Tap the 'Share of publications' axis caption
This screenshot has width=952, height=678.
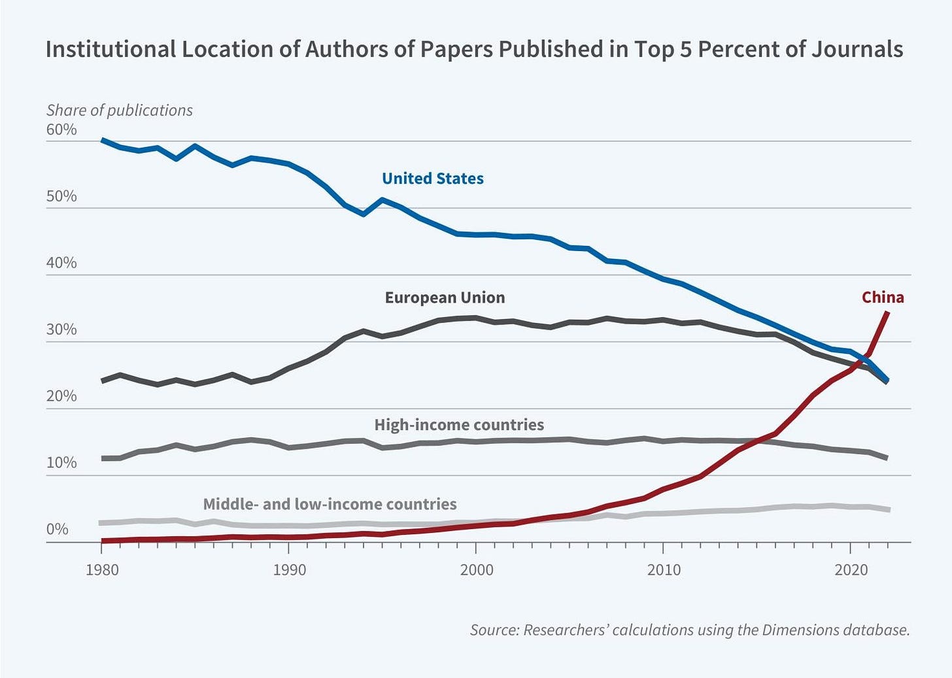pyautogui.click(x=120, y=110)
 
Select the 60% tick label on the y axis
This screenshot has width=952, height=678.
pyautogui.click(x=61, y=130)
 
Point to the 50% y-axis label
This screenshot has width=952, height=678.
pyautogui.click(x=61, y=197)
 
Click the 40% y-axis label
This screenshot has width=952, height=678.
pyautogui.click(x=61, y=263)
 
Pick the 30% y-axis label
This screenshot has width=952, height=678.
pyautogui.click(x=61, y=330)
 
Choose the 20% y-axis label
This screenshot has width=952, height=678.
pyautogui.click(x=61, y=397)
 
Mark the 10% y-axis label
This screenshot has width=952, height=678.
pyautogui.click(x=61, y=464)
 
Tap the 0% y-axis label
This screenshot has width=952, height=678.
pyautogui.click(x=58, y=530)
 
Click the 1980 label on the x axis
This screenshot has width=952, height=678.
pyautogui.click(x=102, y=570)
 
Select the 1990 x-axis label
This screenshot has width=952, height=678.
pyautogui.click(x=289, y=570)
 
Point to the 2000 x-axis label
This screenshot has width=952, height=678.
pyautogui.click(x=477, y=570)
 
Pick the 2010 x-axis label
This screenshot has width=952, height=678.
pyautogui.click(x=664, y=570)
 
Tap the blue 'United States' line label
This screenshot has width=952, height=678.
pyautogui.click(x=433, y=179)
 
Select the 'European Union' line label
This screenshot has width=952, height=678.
pyautogui.click(x=445, y=298)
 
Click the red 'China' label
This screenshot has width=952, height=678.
pyautogui.click(x=883, y=297)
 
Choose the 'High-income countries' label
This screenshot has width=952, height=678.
pyautogui.click(x=459, y=425)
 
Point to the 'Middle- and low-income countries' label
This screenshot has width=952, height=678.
pyautogui.click(x=330, y=504)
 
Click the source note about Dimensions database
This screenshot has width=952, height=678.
pyautogui.click(x=690, y=630)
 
